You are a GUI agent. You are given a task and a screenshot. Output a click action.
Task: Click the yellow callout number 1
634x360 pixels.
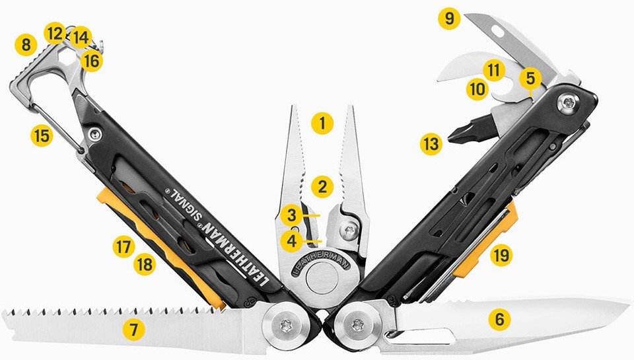click(322, 123)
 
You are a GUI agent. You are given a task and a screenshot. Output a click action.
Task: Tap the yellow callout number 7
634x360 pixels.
click(134, 330)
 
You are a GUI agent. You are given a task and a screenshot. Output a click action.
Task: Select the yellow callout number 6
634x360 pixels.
click(500, 319)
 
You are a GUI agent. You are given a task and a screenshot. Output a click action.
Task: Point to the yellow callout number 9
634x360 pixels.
click(449, 18)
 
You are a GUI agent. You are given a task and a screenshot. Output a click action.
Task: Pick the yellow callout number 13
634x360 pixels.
click(431, 143)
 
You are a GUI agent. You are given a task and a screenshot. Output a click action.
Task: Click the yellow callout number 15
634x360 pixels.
click(42, 135)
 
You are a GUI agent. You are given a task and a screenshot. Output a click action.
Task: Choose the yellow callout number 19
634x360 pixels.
click(501, 255)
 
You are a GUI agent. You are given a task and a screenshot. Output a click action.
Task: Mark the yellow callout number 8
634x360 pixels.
click(26, 44)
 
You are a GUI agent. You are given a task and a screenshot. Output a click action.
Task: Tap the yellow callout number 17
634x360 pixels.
click(123, 246)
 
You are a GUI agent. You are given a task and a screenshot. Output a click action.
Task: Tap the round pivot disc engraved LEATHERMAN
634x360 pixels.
click(322, 278)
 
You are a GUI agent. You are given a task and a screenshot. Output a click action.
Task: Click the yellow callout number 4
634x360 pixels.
click(292, 241)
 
